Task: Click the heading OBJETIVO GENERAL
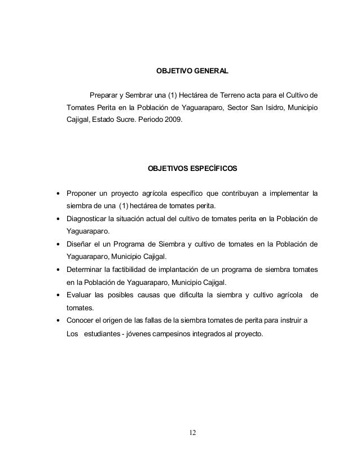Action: coord(191,72)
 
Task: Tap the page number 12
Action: coord(192,433)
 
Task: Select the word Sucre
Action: coord(127,120)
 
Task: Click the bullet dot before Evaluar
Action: coord(58,295)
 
